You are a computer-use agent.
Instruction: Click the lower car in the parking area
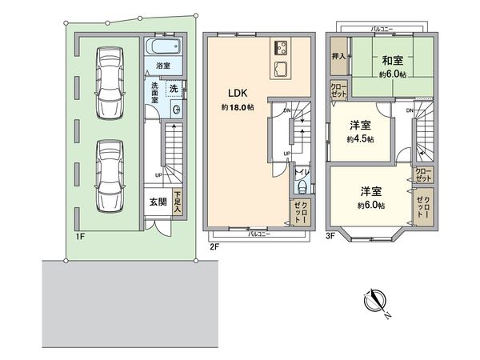pyautogui.click(x=106, y=172)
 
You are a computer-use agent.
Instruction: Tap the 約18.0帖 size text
pyautogui.click(x=238, y=106)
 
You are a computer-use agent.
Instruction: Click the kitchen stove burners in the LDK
pyautogui.click(x=282, y=45)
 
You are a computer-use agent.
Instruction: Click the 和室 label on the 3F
pyautogui.click(x=390, y=60)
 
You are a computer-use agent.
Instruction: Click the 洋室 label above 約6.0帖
pyautogui.click(x=370, y=192)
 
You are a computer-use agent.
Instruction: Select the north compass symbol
pyautogui.click(x=375, y=302)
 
